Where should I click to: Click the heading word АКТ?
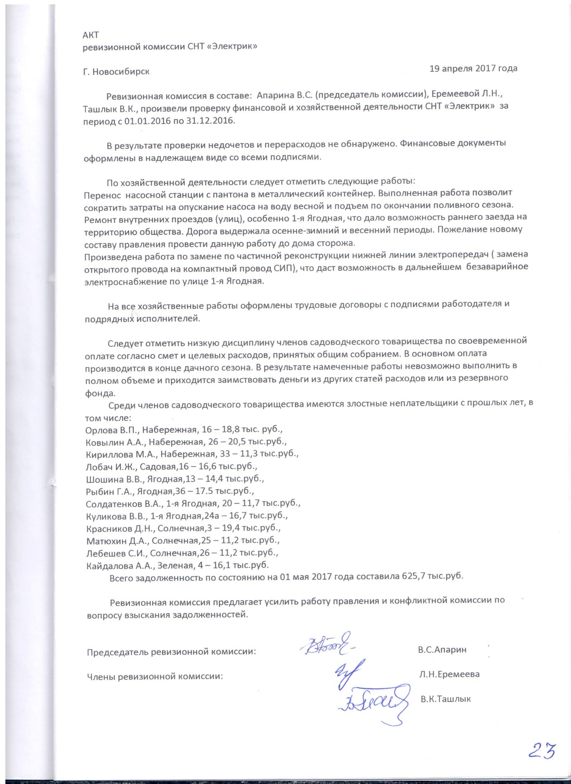click(x=91, y=35)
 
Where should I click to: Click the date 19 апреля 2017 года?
click(x=473, y=68)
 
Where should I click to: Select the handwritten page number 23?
click(x=542, y=751)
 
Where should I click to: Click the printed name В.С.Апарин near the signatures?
click(x=442, y=649)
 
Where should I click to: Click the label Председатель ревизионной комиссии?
click(x=171, y=652)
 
